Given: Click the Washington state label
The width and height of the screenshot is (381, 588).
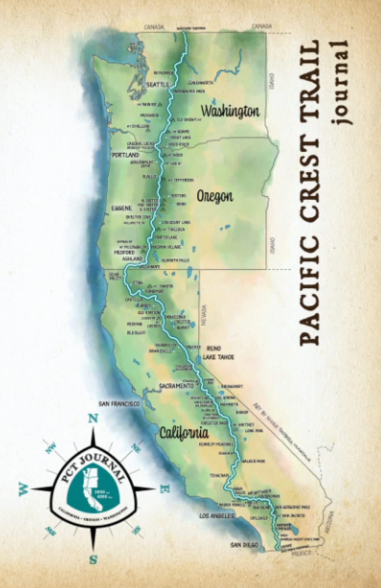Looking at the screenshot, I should [x=230, y=111].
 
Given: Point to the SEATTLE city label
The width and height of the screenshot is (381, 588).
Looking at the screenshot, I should [x=157, y=85].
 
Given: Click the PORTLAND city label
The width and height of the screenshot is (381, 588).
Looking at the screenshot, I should [x=125, y=156].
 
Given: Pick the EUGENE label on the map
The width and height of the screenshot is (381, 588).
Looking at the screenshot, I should [x=121, y=208].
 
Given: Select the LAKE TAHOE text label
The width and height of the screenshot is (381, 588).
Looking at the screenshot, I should [x=218, y=357].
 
